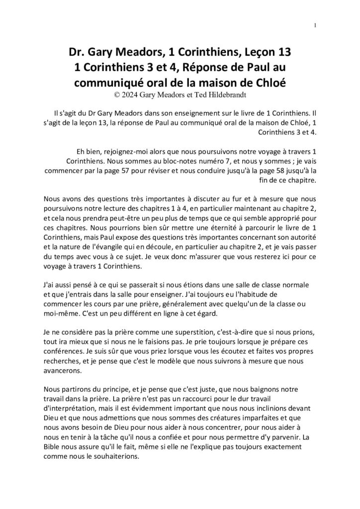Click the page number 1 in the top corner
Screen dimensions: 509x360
[x=316, y=25]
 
